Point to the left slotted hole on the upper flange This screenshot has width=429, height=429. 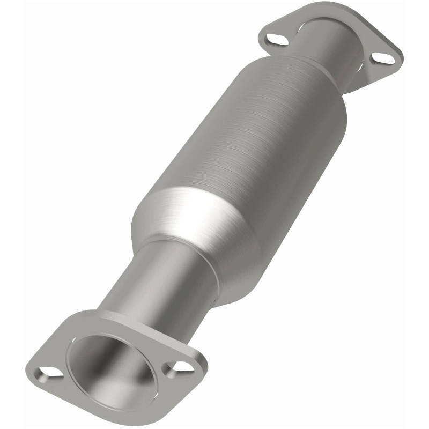point(273,39)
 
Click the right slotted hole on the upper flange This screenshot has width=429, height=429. point(382,57)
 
